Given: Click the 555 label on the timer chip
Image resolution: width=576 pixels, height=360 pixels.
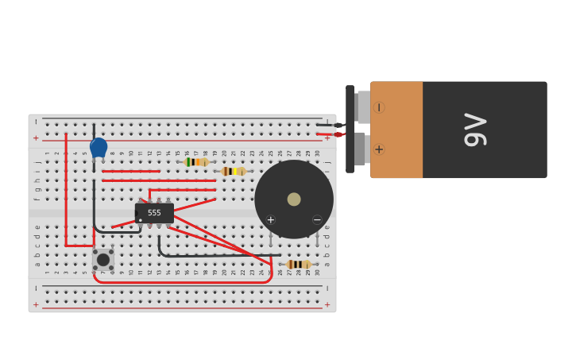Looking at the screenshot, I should (154, 213).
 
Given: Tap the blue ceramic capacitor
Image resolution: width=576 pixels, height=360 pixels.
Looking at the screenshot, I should (99, 147).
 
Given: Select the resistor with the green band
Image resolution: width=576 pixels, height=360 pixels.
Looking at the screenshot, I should (195, 162).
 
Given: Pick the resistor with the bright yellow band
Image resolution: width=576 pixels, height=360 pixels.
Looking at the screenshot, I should (233, 171).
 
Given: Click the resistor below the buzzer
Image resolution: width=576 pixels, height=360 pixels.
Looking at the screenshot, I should (299, 264).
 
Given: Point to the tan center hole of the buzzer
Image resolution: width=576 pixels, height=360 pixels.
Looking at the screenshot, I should (294, 199).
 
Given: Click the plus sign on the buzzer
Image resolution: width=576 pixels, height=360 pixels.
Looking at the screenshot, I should (271, 219).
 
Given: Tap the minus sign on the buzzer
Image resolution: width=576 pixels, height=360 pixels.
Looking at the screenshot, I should (317, 219).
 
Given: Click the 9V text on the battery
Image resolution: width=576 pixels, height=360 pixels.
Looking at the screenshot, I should (474, 130).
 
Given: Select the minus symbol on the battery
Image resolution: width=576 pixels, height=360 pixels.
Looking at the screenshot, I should (379, 107).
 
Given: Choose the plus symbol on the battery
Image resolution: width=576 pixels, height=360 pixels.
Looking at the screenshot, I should (379, 149).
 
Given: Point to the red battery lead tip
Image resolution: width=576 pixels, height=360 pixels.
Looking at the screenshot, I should (338, 134).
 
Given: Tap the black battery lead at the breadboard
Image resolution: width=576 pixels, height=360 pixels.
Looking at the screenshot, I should (326, 125).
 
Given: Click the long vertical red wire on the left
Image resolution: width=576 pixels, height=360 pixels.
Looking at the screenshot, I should (66, 191).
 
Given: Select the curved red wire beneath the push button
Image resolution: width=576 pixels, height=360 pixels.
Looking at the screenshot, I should (183, 281).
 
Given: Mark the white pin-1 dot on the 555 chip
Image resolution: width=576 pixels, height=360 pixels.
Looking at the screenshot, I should (141, 220).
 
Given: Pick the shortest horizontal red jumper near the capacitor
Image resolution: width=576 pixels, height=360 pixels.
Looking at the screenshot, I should (130, 171).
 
